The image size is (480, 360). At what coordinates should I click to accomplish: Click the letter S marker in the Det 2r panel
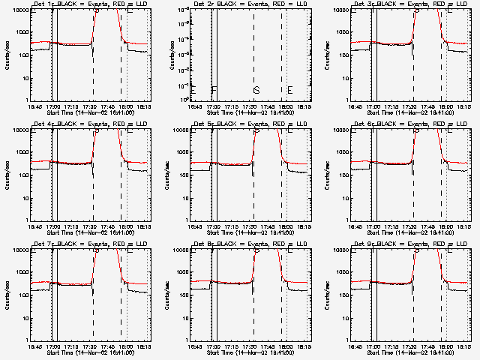(256, 90)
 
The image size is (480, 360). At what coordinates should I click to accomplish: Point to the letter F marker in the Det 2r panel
(214, 90)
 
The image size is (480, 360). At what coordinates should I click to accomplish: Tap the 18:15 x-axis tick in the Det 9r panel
(464, 346)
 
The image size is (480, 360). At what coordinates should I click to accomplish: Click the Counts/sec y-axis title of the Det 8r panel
(171, 294)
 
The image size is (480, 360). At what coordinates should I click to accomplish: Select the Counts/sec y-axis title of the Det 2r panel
(171, 54)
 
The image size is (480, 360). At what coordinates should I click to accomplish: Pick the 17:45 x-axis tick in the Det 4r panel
(110, 226)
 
